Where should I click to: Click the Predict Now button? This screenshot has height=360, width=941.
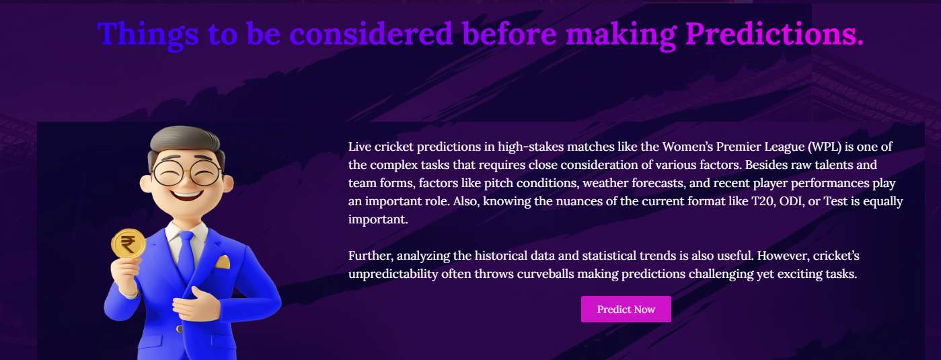tap(626, 309)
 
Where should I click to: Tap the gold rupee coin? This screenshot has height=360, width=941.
tap(128, 244)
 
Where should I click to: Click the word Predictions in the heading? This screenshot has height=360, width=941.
tap(774, 34)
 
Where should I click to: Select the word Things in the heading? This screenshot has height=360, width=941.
tap(148, 34)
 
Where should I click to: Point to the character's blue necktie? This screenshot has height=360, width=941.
tap(186, 256)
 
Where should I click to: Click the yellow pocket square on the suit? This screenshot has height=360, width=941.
tap(223, 262)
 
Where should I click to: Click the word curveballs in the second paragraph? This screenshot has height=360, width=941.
tap(545, 274)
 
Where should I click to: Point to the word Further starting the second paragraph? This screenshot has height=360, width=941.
tap(371, 256)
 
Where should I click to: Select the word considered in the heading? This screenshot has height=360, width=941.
tap(371, 34)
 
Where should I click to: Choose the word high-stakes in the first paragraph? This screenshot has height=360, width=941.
tap(531, 147)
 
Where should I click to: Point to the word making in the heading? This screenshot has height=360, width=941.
tap(621, 34)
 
